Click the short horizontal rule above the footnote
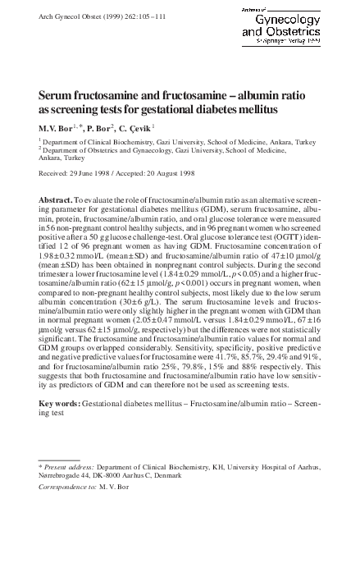point(59,460)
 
